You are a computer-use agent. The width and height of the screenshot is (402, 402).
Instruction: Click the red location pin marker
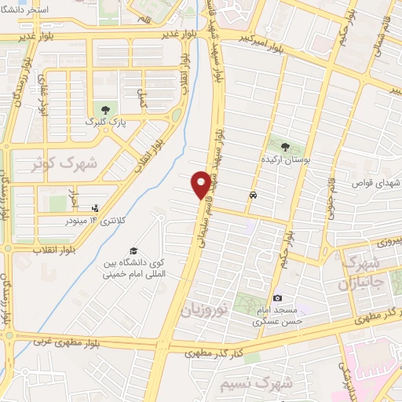click(x=202, y=184)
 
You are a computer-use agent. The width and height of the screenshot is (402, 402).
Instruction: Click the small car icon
click(x=253, y=196)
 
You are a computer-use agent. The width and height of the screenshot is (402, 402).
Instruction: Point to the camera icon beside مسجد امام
click(x=277, y=298)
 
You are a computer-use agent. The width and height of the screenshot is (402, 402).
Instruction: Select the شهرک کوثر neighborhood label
click(x=64, y=164)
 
